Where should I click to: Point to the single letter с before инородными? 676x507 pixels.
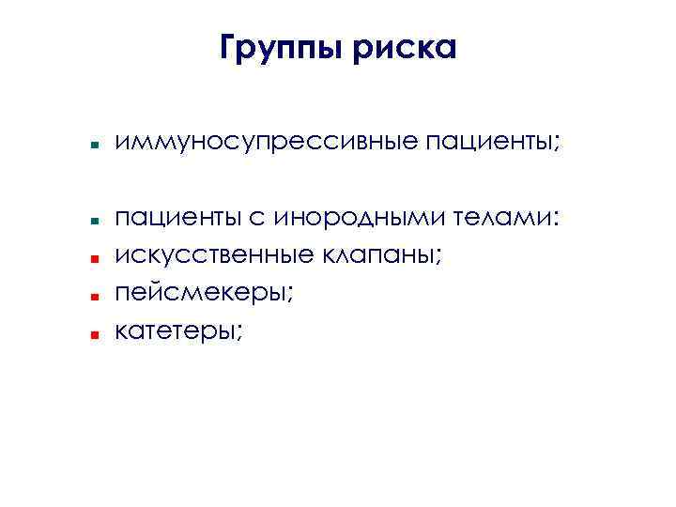point(255,220)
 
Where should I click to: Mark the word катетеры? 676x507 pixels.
point(175,330)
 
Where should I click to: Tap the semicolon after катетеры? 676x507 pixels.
point(238,331)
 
